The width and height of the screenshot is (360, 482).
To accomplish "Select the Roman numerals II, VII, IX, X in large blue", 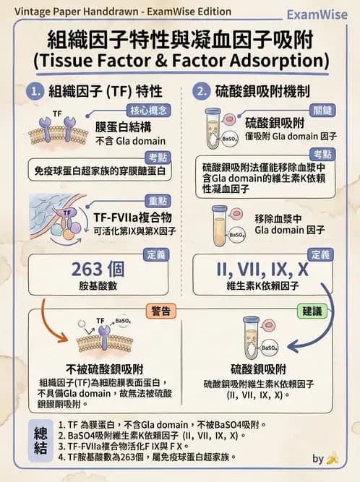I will click(262, 269).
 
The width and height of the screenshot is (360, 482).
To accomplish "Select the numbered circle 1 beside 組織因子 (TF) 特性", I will click(35, 92).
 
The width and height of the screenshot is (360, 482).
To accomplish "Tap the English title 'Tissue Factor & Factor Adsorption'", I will click(180, 59).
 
